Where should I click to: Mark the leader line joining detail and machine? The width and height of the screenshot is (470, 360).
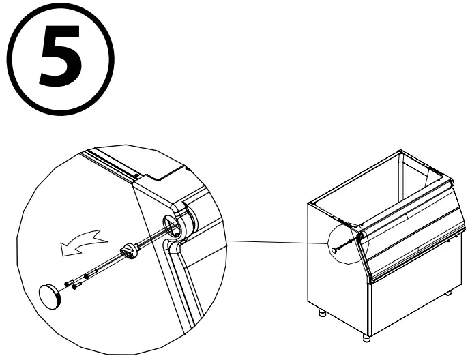[x=273, y=241]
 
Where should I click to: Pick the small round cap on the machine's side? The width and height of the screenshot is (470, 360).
[x=336, y=251]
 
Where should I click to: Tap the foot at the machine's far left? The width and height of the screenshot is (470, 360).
[x=321, y=313]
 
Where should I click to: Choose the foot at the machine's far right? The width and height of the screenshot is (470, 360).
[x=448, y=292]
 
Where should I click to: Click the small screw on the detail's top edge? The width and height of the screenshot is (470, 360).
[x=136, y=177]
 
